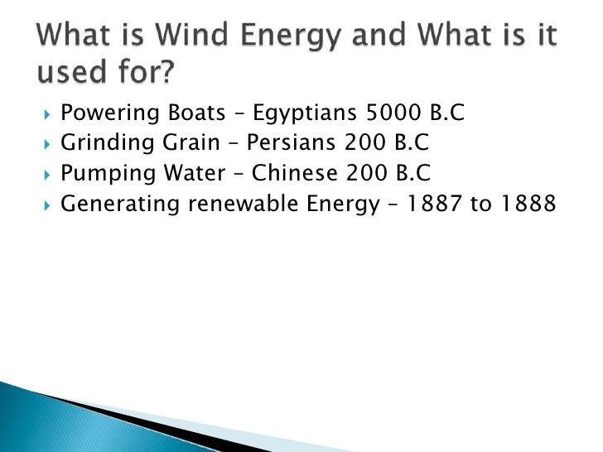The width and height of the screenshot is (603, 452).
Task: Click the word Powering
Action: pyautogui.click(x=104, y=113)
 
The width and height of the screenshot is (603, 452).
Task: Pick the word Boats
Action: pyautogui.click(x=186, y=113)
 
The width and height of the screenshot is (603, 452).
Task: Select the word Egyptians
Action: pyautogui.click(x=295, y=113)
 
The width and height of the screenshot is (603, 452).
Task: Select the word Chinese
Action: pyautogui.click(x=288, y=174)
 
